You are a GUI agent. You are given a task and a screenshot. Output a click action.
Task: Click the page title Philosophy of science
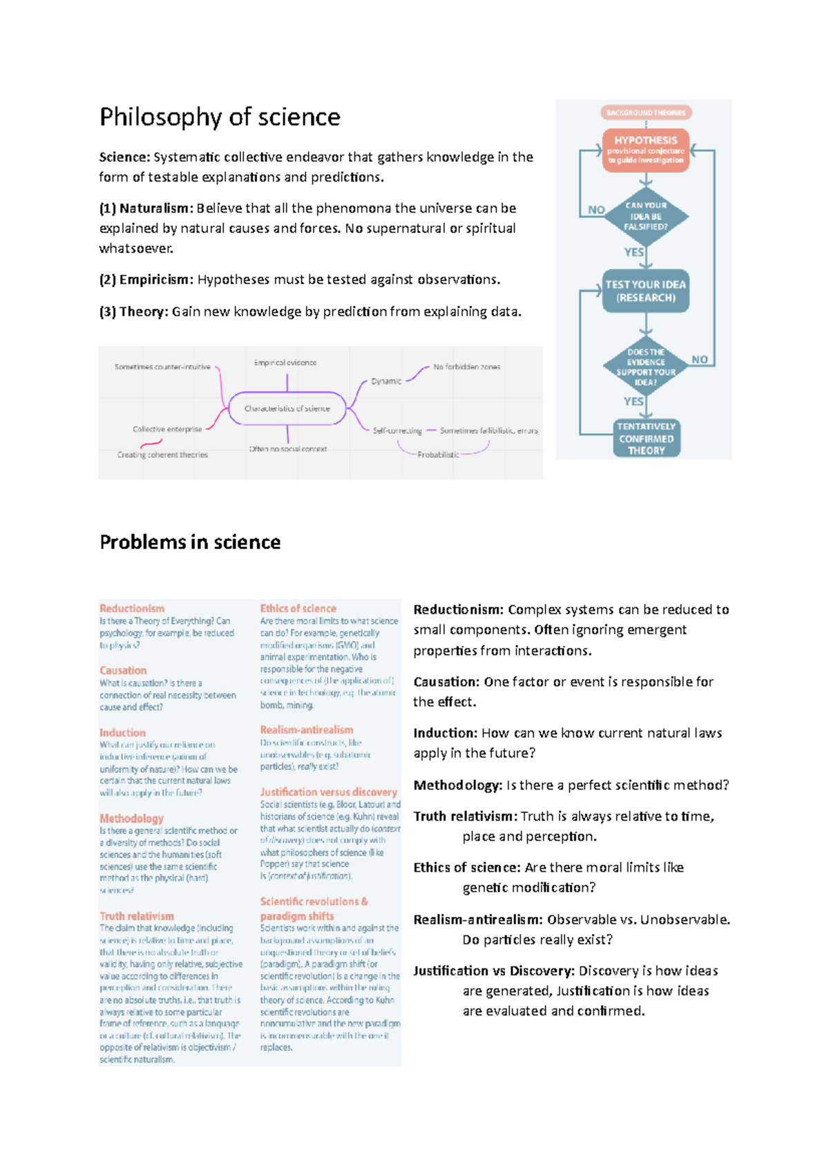tap(220, 117)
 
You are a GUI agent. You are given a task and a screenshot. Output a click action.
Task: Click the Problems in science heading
tap(190, 542)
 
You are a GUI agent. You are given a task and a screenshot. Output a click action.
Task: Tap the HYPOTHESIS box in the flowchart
tap(646, 149)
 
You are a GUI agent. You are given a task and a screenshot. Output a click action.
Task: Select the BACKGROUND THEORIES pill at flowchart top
tap(646, 113)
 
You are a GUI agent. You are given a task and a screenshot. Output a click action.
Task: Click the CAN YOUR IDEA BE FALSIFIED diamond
tap(646, 216)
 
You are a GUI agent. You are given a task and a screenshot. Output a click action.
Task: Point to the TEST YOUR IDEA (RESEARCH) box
tap(646, 291)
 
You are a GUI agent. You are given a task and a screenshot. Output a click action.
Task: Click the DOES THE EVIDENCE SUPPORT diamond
tap(646, 367)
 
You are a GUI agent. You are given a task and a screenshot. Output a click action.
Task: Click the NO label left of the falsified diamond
tap(596, 210)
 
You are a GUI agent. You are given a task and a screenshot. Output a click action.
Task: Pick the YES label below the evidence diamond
tap(633, 401)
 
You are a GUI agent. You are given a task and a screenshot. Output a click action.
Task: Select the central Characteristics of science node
tap(287, 408)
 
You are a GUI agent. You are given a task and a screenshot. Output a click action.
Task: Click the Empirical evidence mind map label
tap(285, 363)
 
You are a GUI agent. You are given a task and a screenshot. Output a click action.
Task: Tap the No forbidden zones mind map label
tap(467, 367)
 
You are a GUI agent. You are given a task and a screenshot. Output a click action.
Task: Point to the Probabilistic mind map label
tap(438, 455)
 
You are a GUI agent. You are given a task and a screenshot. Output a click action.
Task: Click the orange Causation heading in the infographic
tap(123, 670)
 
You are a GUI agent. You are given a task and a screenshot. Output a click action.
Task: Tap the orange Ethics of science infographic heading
tap(298, 609)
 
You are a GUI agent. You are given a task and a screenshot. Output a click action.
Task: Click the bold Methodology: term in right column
tap(457, 785)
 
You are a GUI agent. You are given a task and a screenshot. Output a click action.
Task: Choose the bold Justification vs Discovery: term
tap(494, 971)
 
